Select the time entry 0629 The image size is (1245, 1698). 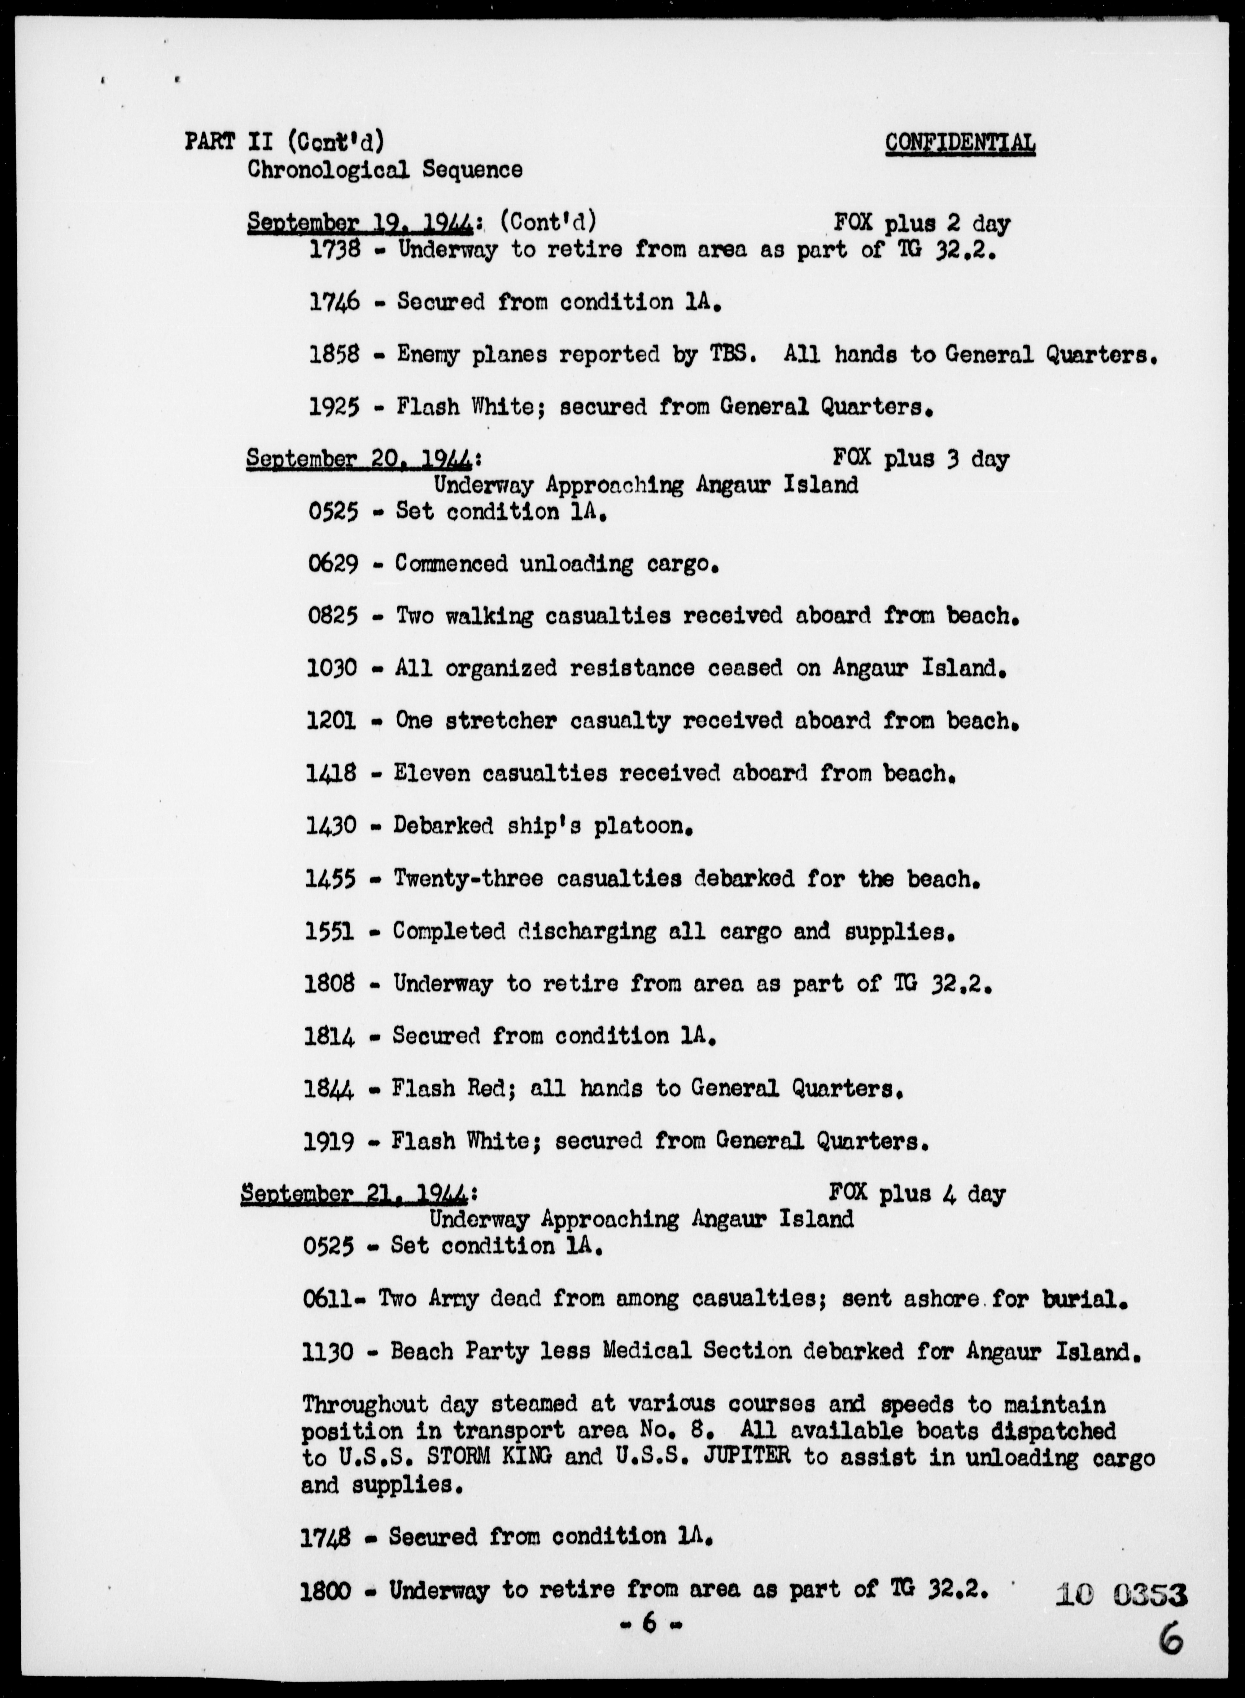(x=332, y=564)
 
